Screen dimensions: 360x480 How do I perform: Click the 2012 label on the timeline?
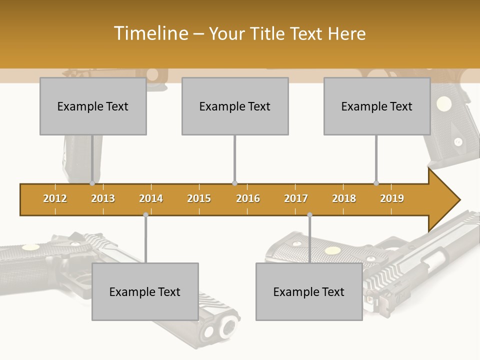55,198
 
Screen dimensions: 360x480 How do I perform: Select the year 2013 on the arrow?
103,198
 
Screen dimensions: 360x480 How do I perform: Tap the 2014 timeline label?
151,198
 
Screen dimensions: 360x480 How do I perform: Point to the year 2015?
199,198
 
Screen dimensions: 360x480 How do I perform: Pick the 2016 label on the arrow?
248,198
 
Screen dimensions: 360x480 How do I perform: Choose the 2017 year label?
296,198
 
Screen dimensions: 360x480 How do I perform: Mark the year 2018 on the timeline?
344,198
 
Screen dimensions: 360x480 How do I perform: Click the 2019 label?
392,198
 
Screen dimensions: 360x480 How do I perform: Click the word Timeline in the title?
150,33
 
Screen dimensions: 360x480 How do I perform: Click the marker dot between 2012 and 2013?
92,183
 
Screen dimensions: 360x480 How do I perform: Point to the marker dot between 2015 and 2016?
234,183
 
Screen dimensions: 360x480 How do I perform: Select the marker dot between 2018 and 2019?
376,183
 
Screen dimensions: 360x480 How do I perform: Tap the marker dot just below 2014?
145,215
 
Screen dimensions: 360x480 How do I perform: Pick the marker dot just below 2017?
309,215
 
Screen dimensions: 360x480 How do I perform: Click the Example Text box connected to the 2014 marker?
145,291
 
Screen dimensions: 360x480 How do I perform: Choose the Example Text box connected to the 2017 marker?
309,291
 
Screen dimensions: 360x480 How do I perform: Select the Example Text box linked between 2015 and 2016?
235,106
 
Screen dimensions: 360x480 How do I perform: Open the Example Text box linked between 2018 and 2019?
377,106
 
